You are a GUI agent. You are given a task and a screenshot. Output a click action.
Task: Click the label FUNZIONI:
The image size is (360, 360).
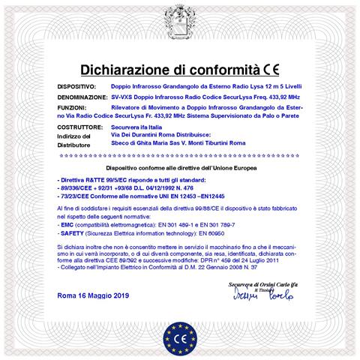pyautogui.click(x=72, y=109)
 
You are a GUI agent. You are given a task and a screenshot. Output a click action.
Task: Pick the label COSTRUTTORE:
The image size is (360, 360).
pyautogui.click(x=81, y=128)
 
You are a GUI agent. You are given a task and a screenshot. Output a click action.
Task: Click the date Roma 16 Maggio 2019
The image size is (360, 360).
pyautogui.click(x=93, y=296)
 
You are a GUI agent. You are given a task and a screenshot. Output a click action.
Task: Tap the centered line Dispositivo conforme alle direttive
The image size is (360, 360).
pyautogui.click(x=180, y=169)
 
